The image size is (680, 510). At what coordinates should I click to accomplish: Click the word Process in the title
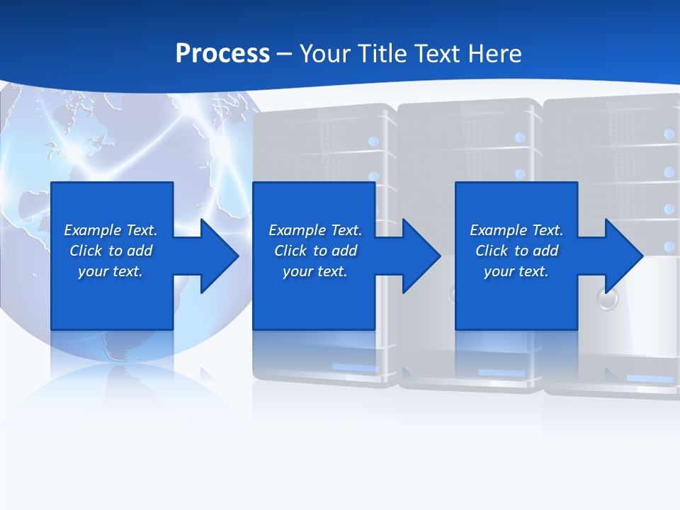tap(222, 54)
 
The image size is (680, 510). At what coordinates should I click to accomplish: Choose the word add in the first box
tap(139, 251)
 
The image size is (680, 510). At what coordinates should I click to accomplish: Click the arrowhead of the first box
tap(220, 256)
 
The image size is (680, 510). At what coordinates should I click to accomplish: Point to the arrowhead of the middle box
tap(421, 256)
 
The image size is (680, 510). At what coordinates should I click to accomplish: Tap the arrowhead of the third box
tap(624, 256)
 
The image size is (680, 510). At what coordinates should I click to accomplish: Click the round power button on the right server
tap(607, 298)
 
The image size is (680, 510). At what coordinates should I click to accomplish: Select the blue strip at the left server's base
tap(355, 368)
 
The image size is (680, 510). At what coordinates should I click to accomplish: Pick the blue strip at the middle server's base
tap(501, 373)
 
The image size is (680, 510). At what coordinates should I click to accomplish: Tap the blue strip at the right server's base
tap(650, 379)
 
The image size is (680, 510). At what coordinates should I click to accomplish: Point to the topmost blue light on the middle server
tap(521, 137)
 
